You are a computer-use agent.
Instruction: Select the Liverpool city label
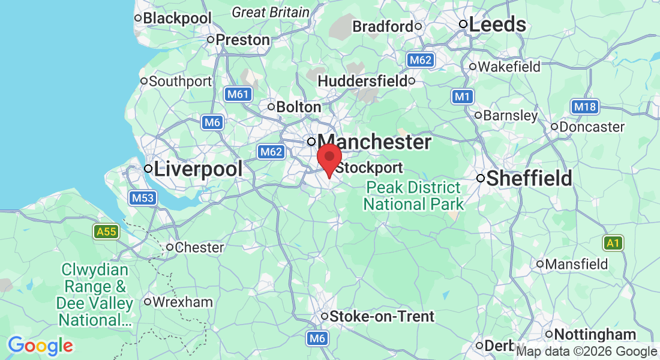pyautogui.click(x=198, y=169)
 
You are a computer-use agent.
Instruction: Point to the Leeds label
pyautogui.click(x=497, y=25)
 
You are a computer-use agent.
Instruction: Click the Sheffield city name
pyautogui.click(x=529, y=178)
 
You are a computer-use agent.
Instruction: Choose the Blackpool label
pyautogui.click(x=178, y=19)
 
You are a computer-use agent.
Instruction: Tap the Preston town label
pyautogui.click(x=242, y=40)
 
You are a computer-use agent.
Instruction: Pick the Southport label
pyautogui.click(x=180, y=81)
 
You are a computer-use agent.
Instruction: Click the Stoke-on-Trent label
pyautogui.click(x=382, y=316)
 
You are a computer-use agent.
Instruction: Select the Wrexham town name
pyautogui.click(x=182, y=302)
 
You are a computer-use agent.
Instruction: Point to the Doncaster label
pyautogui.click(x=592, y=127)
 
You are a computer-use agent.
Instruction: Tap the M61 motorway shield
pyautogui.click(x=239, y=94)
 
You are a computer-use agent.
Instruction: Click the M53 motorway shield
pyautogui.click(x=143, y=198)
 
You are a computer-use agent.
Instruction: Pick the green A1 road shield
pyautogui.click(x=612, y=243)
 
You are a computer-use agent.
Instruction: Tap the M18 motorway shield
pyautogui.click(x=584, y=107)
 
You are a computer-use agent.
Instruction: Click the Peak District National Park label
pyautogui.click(x=413, y=196)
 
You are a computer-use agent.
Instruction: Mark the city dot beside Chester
pyautogui.click(x=170, y=247)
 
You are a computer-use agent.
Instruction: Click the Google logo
pyautogui.click(x=40, y=346)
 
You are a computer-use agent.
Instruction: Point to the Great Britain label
pyautogui.click(x=271, y=12)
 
